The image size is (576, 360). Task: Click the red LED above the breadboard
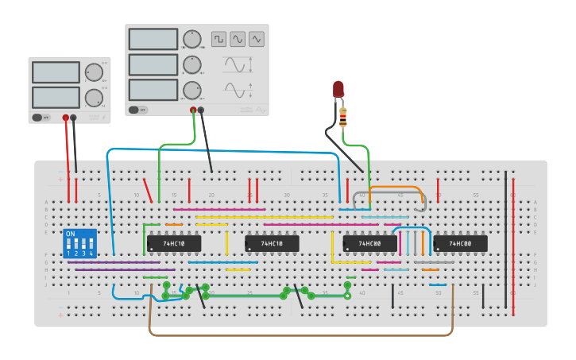click(338, 88)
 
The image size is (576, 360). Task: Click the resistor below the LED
click(342, 118)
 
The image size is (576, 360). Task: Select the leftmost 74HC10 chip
click(173, 243)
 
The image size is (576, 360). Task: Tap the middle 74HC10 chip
click(272, 243)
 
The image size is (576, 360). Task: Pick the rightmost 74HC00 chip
click(460, 243)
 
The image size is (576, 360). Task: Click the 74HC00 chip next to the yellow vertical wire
click(369, 243)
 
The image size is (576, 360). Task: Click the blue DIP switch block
click(79, 243)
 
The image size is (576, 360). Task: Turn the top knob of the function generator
click(191, 39)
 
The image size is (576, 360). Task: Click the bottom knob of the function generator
click(191, 90)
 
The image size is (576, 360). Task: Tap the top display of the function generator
click(153, 39)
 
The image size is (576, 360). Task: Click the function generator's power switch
click(133, 110)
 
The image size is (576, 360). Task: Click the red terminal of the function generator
click(192, 110)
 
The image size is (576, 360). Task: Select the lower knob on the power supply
click(94, 98)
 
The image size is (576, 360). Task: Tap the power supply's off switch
click(37, 117)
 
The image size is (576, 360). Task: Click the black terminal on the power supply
click(73, 118)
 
